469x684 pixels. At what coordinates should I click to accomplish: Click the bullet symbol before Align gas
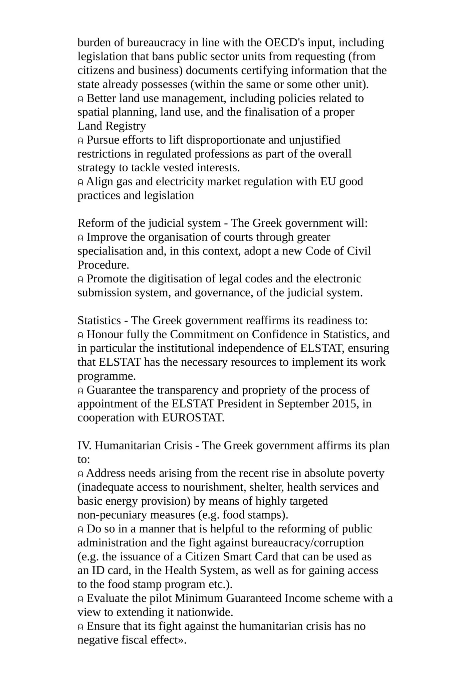(x=80, y=182)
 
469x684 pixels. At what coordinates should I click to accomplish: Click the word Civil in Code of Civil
(x=359, y=251)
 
